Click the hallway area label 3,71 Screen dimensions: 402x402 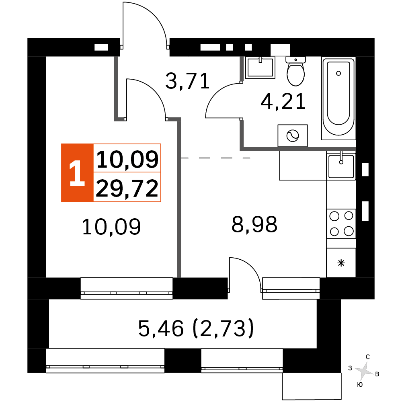pos(188,81)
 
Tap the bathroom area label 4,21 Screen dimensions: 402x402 pos(283,102)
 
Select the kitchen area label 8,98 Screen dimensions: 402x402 pos(254,224)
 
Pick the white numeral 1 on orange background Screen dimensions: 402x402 pos(77,173)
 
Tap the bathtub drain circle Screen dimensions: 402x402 pos(338,73)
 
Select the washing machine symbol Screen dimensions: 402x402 pos(293,135)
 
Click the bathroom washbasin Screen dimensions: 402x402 pos(260,68)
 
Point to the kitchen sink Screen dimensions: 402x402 pos(341,166)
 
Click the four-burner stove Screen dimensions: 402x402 pos(341,224)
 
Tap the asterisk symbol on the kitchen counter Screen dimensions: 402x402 pos(341,263)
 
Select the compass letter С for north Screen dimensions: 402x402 pos(368,357)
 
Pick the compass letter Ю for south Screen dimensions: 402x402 pos(360,385)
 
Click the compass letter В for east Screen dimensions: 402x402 pos(377,374)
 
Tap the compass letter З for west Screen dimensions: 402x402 pos(350,368)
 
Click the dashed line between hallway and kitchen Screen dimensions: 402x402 pos(215,158)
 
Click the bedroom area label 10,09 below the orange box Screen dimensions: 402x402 pos(111,227)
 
